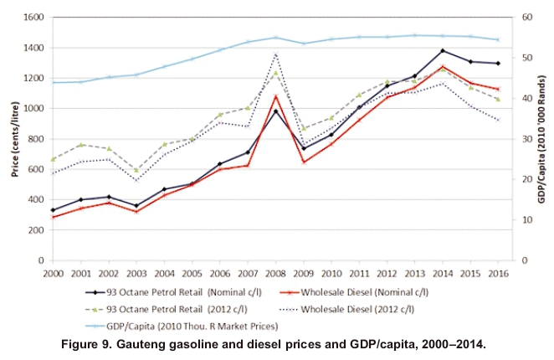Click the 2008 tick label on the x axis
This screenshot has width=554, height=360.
(275, 274)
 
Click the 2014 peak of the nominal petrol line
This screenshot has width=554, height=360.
(443, 51)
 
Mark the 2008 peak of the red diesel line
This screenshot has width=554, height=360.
(275, 96)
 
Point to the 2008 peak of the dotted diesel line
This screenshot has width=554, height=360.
(275, 54)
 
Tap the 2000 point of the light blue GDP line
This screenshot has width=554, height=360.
(54, 83)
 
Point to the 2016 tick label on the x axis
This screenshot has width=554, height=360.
(498, 274)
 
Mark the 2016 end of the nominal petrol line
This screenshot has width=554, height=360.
(498, 64)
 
